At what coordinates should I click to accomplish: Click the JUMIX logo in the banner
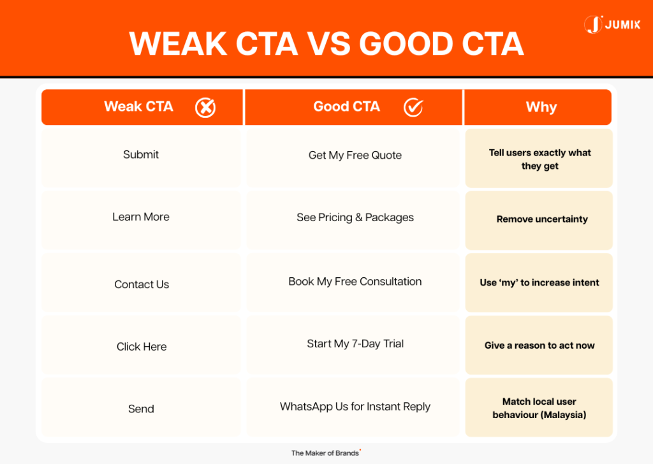(x=612, y=25)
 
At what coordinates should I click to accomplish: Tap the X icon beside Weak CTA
(x=205, y=108)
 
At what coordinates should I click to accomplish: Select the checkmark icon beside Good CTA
(x=413, y=108)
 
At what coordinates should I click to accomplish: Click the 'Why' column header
(x=541, y=107)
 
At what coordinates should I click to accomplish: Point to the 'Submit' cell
(x=141, y=155)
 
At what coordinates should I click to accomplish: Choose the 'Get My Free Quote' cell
(x=355, y=156)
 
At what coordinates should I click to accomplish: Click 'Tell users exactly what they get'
(x=539, y=159)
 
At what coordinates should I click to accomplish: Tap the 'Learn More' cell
(x=141, y=217)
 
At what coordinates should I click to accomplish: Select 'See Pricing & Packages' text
(x=355, y=218)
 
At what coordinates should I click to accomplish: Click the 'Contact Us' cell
(x=142, y=285)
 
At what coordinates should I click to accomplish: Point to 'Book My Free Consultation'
(x=355, y=282)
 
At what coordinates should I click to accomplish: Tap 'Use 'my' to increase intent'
(x=539, y=282)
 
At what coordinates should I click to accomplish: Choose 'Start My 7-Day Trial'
(x=355, y=344)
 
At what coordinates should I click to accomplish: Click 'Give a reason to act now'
(x=539, y=345)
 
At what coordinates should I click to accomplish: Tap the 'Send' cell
(x=141, y=409)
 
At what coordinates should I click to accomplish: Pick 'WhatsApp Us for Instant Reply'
(x=355, y=407)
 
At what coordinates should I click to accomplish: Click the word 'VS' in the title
(x=328, y=44)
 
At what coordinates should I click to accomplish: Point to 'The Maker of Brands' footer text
(x=325, y=453)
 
